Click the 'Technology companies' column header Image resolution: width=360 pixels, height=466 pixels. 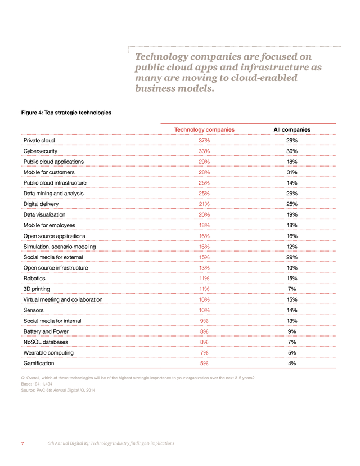tap(204, 129)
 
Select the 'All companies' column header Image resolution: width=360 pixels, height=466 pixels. tap(292, 129)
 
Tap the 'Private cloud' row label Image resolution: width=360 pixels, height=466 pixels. tap(39, 140)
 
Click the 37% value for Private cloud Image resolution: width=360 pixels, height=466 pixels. tap(204, 140)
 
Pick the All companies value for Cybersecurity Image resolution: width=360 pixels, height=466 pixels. tap(292, 151)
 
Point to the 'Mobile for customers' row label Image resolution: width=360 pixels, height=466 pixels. tap(49, 172)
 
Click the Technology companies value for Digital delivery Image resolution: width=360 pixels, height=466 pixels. tap(204, 204)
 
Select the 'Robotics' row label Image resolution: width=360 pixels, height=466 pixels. tap(34, 278)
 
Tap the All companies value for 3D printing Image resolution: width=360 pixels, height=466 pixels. tap(292, 289)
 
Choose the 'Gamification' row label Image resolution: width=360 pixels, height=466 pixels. tap(39, 363)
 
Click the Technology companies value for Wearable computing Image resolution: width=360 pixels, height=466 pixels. tap(204, 352)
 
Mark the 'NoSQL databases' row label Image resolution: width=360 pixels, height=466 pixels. tap(46, 342)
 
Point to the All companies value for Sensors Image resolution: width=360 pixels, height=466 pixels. tap(292, 310)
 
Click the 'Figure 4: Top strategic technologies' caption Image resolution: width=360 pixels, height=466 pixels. tap(66, 113)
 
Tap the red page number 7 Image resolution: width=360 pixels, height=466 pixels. tap(22, 443)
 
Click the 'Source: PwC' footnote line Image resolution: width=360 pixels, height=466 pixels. tap(58, 390)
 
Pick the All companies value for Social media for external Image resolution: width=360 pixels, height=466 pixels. tap(292, 257)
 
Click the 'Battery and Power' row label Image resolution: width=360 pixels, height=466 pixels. tap(46, 331)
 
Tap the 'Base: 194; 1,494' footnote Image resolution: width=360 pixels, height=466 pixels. tap(37, 384)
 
